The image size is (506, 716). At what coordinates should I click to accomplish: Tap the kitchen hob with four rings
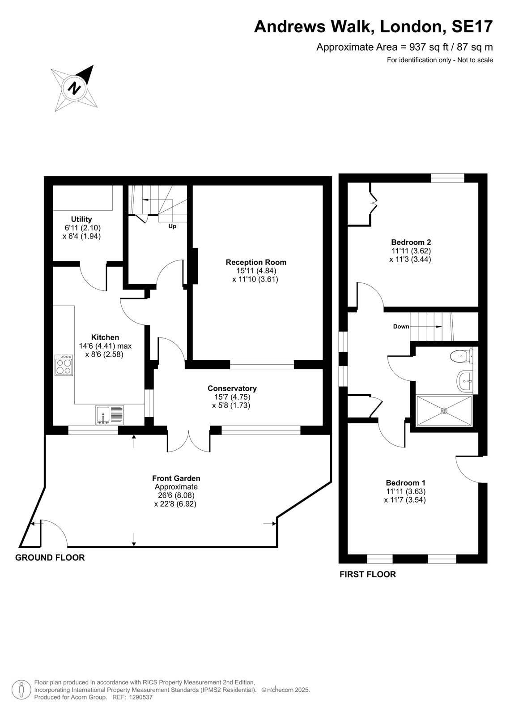point(64,365)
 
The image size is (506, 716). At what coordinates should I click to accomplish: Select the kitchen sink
point(109,415)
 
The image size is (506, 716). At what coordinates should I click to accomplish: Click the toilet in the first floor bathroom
point(461,356)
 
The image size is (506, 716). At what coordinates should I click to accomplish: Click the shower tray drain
point(444,411)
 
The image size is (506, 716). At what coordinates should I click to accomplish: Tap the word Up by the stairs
point(172,226)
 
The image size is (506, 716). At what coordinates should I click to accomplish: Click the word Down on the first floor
point(401,326)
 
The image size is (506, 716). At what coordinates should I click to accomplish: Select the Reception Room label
point(256,262)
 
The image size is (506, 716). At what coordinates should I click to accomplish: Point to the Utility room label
point(81,219)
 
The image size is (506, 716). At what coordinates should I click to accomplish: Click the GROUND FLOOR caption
point(50,558)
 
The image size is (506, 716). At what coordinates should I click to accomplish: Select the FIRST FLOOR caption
point(368,575)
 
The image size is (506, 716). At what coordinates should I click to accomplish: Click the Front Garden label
point(176,478)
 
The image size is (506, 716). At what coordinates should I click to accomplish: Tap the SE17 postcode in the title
point(472,26)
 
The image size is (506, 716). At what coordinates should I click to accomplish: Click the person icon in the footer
point(21,690)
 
